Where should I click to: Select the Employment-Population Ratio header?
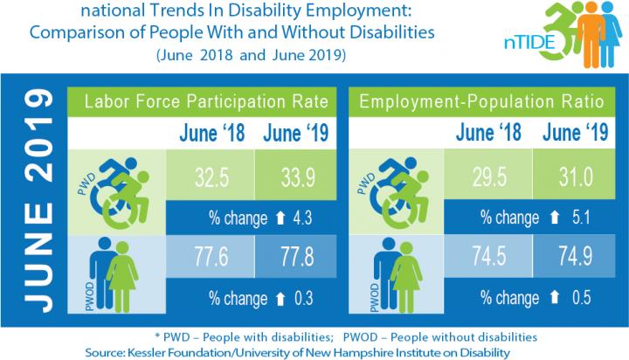[482, 101]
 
